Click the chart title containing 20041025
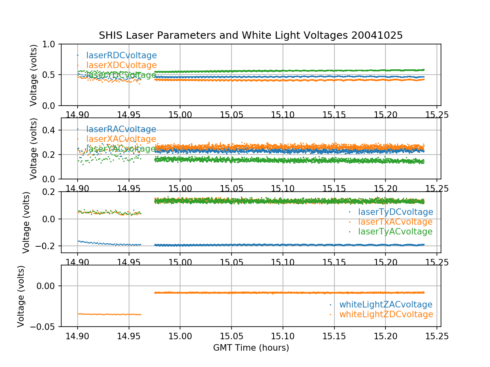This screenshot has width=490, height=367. coord(251,35)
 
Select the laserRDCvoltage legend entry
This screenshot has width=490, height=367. coord(121,55)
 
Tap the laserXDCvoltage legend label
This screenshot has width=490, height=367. coord(121,65)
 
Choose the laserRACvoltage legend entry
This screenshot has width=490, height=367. coord(121,129)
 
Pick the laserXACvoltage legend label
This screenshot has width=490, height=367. coord(121,139)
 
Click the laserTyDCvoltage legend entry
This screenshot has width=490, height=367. coord(395,212)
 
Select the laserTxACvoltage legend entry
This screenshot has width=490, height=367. coord(395,222)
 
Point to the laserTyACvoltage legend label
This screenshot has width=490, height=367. coord(395,232)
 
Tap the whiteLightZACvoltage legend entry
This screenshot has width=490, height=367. coord(385,305)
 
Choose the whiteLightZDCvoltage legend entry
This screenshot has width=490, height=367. coord(386,314)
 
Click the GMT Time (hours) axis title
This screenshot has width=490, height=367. coord(251,348)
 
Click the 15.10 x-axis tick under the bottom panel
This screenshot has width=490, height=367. coord(283,336)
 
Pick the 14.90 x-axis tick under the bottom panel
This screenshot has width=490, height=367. coord(78,336)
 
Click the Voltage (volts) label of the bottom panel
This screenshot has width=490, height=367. coord(21,296)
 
